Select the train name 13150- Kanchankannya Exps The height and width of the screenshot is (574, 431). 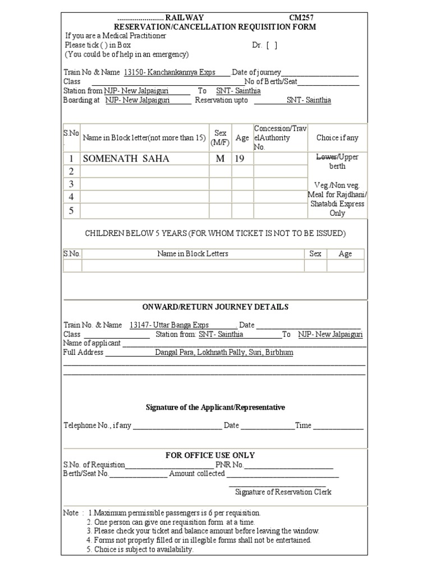coord(169,72)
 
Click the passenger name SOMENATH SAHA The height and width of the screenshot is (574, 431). coord(126,159)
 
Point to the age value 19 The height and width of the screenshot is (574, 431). coord(240,159)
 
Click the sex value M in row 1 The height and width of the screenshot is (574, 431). coord(220,159)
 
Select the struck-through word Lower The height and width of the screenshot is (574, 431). coord(326,157)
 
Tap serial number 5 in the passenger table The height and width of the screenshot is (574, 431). coord(71,211)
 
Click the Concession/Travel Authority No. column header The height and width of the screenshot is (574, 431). coord(280,138)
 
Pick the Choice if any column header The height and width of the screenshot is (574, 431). coord(337,138)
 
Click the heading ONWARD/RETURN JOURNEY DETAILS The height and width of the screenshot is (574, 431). coord(215,307)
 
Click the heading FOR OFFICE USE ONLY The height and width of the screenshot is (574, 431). coord(210,455)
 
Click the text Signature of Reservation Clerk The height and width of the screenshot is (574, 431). coord(283,492)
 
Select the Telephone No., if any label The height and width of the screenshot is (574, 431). coord(97,425)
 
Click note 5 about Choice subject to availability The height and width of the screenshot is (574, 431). coord(140,549)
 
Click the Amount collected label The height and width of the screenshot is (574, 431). coord(197,474)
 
